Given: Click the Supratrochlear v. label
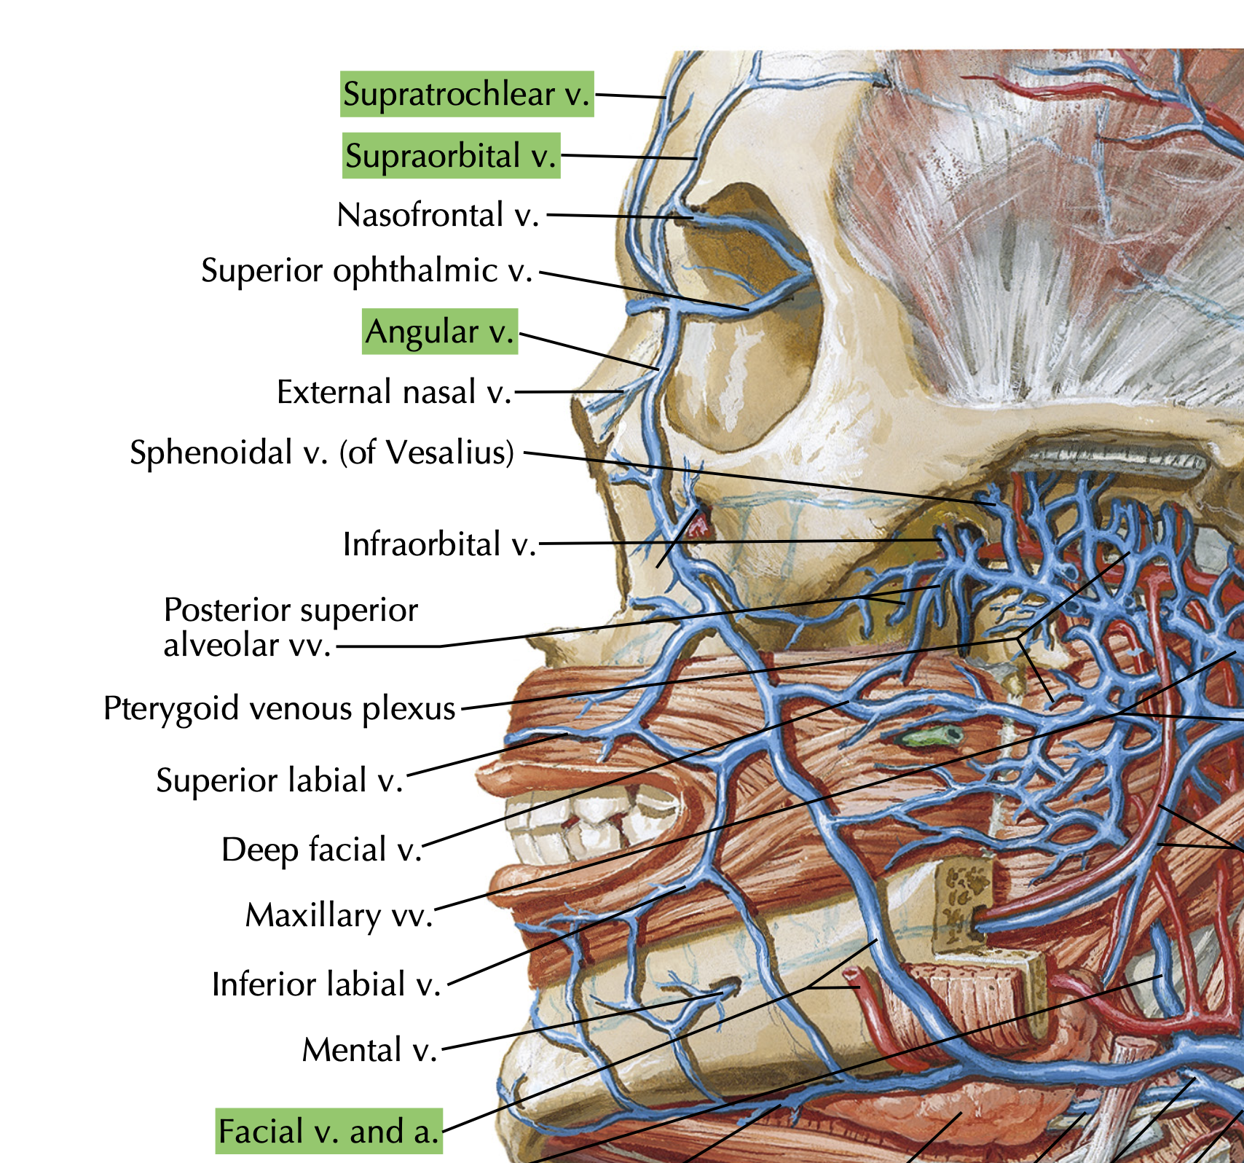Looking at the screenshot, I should tap(466, 94).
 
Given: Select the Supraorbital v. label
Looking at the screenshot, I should tap(451, 156).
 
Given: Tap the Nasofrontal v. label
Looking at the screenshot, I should tap(438, 215).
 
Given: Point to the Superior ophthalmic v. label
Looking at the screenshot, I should tap(366, 270).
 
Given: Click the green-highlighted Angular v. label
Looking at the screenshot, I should tap(440, 332).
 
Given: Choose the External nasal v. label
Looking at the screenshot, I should tap(394, 392).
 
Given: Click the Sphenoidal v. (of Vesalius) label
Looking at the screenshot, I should tap(322, 453).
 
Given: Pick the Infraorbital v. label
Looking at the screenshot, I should tap(439, 544).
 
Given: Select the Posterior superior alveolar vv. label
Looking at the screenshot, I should tap(291, 627).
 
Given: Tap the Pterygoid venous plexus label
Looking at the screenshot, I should tap(279, 708).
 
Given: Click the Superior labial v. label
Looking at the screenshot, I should tap(279, 780).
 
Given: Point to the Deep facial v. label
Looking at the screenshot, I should tap(321, 850).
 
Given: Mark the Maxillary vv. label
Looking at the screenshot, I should tap(339, 915).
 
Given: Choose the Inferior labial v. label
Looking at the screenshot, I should tap(326, 984).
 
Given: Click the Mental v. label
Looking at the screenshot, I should tap(369, 1050).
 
